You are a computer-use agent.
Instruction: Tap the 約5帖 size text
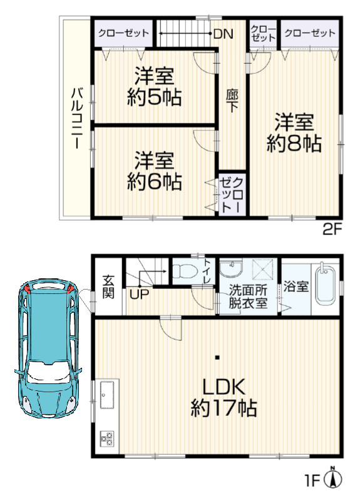(154, 97)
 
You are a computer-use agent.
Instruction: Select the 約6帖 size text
(154, 181)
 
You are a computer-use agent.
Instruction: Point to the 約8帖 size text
(294, 144)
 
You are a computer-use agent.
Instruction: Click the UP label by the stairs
(139, 292)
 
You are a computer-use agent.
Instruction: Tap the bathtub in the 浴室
(325, 286)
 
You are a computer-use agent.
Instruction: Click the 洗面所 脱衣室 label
(247, 295)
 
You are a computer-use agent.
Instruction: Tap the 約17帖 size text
(223, 410)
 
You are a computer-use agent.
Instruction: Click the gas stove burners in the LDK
(106, 438)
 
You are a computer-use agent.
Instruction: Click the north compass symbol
(336, 478)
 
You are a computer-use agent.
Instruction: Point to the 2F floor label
(332, 229)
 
